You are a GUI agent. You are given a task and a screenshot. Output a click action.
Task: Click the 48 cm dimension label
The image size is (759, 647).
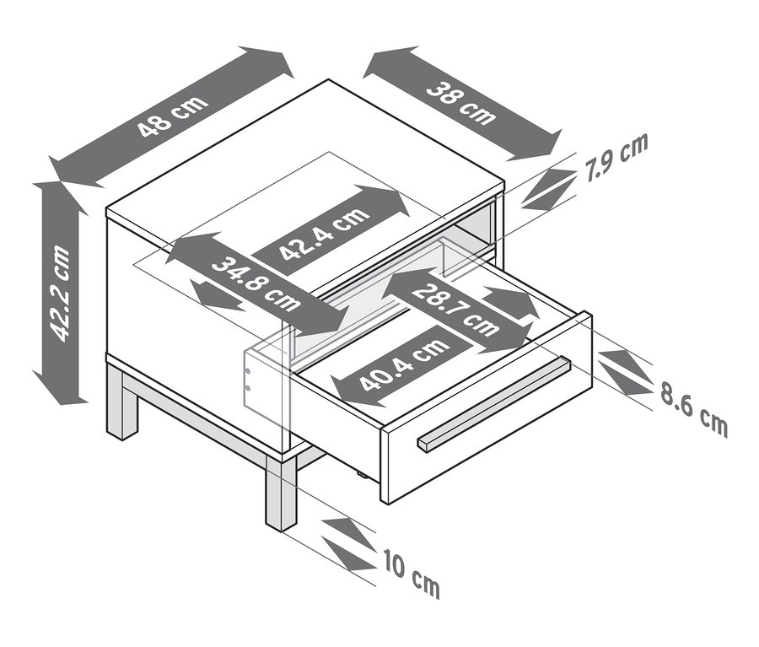tap(172, 116)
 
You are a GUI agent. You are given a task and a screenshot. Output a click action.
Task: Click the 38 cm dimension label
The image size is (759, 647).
tap(461, 104)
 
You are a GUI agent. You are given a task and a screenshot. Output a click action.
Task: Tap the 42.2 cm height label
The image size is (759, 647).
tap(60, 293)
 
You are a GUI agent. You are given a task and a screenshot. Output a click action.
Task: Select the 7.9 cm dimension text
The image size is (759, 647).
tap(616, 158)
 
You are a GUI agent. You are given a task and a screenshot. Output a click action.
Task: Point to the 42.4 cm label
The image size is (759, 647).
tap(326, 235)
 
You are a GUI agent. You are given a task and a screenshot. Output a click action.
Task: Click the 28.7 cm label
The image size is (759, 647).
tap(455, 310)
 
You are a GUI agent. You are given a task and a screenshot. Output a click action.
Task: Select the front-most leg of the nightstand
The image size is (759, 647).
tap(281, 492)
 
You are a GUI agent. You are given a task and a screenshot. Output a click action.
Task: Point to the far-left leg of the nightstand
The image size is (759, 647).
tap(121, 403)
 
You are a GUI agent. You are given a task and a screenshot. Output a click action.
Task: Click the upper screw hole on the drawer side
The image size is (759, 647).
tap(247, 371)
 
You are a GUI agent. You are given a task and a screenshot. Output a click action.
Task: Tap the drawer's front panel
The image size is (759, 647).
tap(487, 408)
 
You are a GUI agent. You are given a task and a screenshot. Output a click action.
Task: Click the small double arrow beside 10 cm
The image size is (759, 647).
tap(349, 544)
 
